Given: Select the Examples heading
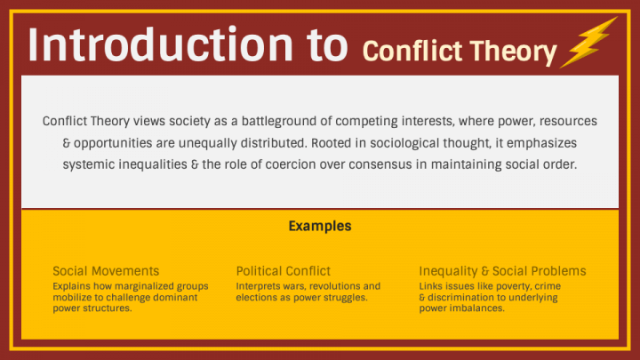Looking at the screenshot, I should click(319, 226).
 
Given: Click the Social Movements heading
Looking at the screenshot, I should click(106, 271).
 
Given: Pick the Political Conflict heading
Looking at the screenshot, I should click(283, 271).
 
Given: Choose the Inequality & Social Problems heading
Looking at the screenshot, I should click(502, 271).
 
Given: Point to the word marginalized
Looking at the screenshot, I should click(148, 286).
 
